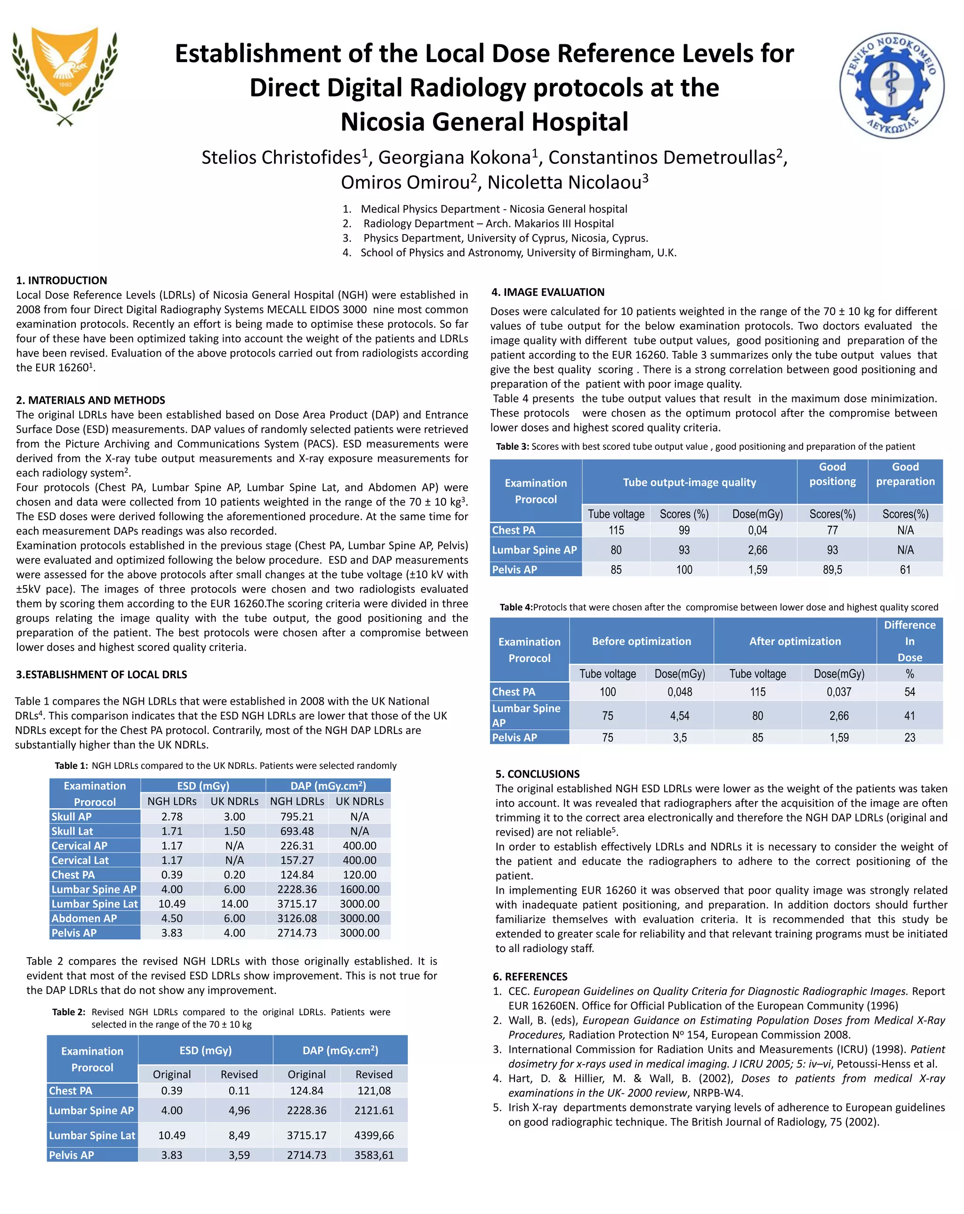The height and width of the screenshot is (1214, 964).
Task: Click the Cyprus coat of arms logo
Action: click(65, 76)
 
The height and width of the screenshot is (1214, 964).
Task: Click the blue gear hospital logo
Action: click(892, 85)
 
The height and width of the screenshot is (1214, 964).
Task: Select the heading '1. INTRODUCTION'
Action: click(61, 280)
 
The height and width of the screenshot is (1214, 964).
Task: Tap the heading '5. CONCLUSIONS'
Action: click(537, 774)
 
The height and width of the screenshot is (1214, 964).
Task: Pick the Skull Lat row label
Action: click(72, 831)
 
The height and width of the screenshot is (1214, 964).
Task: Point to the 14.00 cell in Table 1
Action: click(234, 904)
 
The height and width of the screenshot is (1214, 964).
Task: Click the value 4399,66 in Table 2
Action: click(374, 1135)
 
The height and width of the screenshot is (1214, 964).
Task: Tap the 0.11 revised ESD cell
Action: click(239, 1091)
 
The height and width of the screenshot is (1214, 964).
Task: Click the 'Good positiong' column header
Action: click(832, 474)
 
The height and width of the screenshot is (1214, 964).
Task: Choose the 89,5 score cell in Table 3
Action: click(832, 570)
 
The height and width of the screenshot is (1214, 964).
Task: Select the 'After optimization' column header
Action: click(794, 641)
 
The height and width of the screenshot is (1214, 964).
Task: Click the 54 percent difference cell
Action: click(909, 692)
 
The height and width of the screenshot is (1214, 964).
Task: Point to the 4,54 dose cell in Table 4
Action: click(679, 716)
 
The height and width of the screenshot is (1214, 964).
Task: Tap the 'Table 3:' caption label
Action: click(512, 447)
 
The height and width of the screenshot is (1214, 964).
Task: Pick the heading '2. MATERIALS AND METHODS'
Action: click(90, 400)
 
